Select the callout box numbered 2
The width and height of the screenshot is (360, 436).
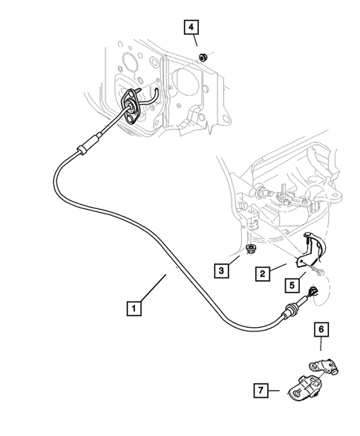(x=263, y=274)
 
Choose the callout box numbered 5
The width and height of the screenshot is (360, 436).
(x=292, y=283)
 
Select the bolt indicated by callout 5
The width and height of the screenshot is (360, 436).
(x=317, y=291)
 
